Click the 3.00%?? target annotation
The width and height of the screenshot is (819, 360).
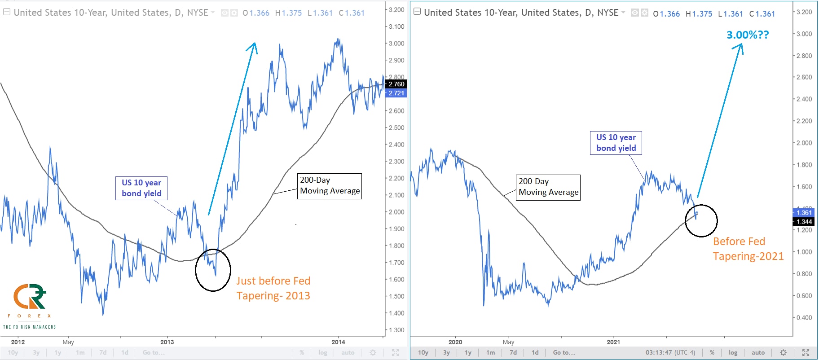click(x=748, y=35)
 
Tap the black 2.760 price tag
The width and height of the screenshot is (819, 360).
click(x=396, y=84)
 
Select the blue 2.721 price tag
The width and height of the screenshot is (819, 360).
click(x=396, y=93)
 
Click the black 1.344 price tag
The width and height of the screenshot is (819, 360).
click(x=804, y=222)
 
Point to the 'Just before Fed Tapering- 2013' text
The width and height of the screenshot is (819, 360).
click(x=273, y=288)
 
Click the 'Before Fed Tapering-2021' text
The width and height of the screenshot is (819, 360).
click(x=748, y=249)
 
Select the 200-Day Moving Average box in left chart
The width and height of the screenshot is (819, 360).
click(x=330, y=186)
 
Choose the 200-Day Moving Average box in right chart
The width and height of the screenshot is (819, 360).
click(x=548, y=187)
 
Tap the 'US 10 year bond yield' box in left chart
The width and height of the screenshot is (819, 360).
click(x=141, y=188)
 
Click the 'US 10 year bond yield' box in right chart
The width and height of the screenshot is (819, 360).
click(x=616, y=143)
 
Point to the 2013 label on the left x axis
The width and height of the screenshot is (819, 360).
click(x=167, y=342)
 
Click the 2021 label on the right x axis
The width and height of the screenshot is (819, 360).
click(x=613, y=342)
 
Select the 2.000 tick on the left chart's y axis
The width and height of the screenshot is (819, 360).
click(x=396, y=212)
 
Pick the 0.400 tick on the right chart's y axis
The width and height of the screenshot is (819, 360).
click(x=804, y=318)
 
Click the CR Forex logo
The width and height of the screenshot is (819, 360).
click(x=30, y=305)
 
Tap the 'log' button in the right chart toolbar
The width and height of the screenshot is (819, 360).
click(x=733, y=352)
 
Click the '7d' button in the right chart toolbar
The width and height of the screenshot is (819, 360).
click(x=513, y=352)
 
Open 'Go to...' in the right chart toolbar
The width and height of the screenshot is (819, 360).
click(x=564, y=352)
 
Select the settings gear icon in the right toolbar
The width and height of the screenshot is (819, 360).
click(x=783, y=352)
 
